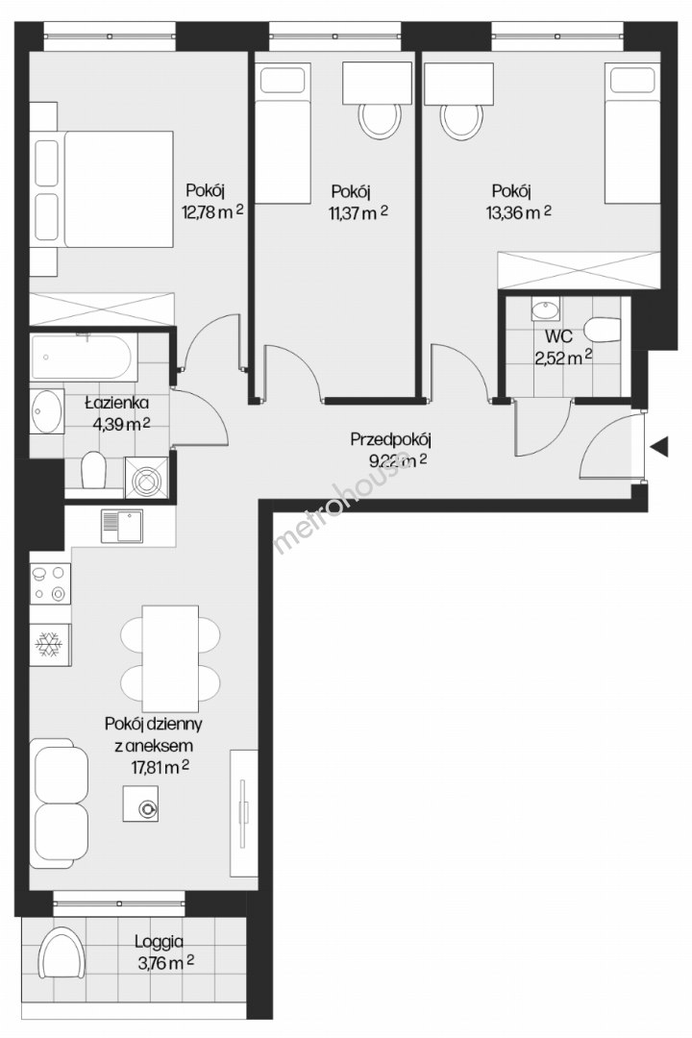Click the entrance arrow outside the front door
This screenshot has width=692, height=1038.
coord(659,447)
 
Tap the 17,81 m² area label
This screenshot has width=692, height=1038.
coord(161,767)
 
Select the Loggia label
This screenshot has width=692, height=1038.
coord(159,941)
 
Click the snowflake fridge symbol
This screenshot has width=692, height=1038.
coord(50,644)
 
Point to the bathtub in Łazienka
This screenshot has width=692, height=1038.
coord(84,358)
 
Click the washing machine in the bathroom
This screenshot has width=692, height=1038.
coord(146,478)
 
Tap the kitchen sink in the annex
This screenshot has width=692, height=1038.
coord(122,526)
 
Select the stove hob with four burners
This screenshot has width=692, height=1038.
coord(50,583)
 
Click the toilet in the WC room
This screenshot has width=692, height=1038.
coord(603,331)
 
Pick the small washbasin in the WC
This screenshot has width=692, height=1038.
coord(545,309)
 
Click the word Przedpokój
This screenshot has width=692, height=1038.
coord(391,439)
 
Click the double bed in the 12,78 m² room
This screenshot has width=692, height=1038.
coord(103,188)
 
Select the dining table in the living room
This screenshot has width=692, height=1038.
coord(170,658)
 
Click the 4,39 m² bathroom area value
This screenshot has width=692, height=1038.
coord(121,424)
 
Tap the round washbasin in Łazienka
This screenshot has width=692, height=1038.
coord(46,411)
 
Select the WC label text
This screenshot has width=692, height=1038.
coord(559,336)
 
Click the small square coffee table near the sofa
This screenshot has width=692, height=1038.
coord(140,803)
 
